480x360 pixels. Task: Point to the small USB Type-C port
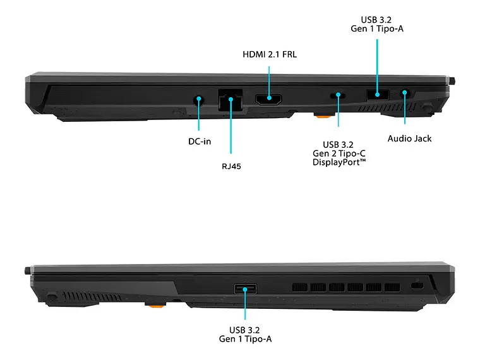pyautogui.click(x=338, y=95)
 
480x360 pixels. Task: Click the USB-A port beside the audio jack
pyautogui.click(x=378, y=95)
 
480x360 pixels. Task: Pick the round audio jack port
pyautogui.click(x=405, y=93)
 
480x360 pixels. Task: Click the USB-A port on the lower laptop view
pyautogui.click(x=246, y=289)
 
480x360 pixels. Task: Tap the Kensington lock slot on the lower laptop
pyautogui.click(x=416, y=286)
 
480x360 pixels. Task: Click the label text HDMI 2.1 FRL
pyautogui.click(x=270, y=55)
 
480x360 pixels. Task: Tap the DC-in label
pyautogui.click(x=200, y=141)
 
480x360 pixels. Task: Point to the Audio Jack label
pyautogui.click(x=409, y=138)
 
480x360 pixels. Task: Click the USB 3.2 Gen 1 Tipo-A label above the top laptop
pyautogui.click(x=378, y=23)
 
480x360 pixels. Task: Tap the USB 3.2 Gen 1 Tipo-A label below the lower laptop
pyautogui.click(x=246, y=334)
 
